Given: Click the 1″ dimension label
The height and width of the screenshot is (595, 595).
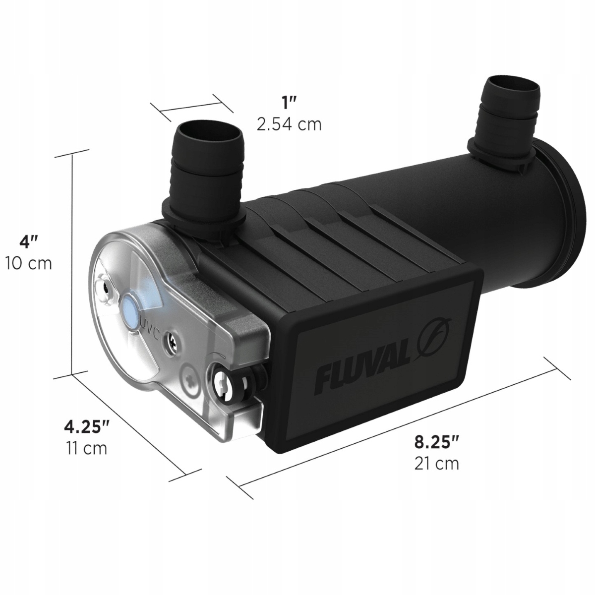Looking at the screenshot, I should click(289, 104).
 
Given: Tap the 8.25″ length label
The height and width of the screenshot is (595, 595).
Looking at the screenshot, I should click(436, 442).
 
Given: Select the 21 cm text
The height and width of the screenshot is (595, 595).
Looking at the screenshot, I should click(436, 464).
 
